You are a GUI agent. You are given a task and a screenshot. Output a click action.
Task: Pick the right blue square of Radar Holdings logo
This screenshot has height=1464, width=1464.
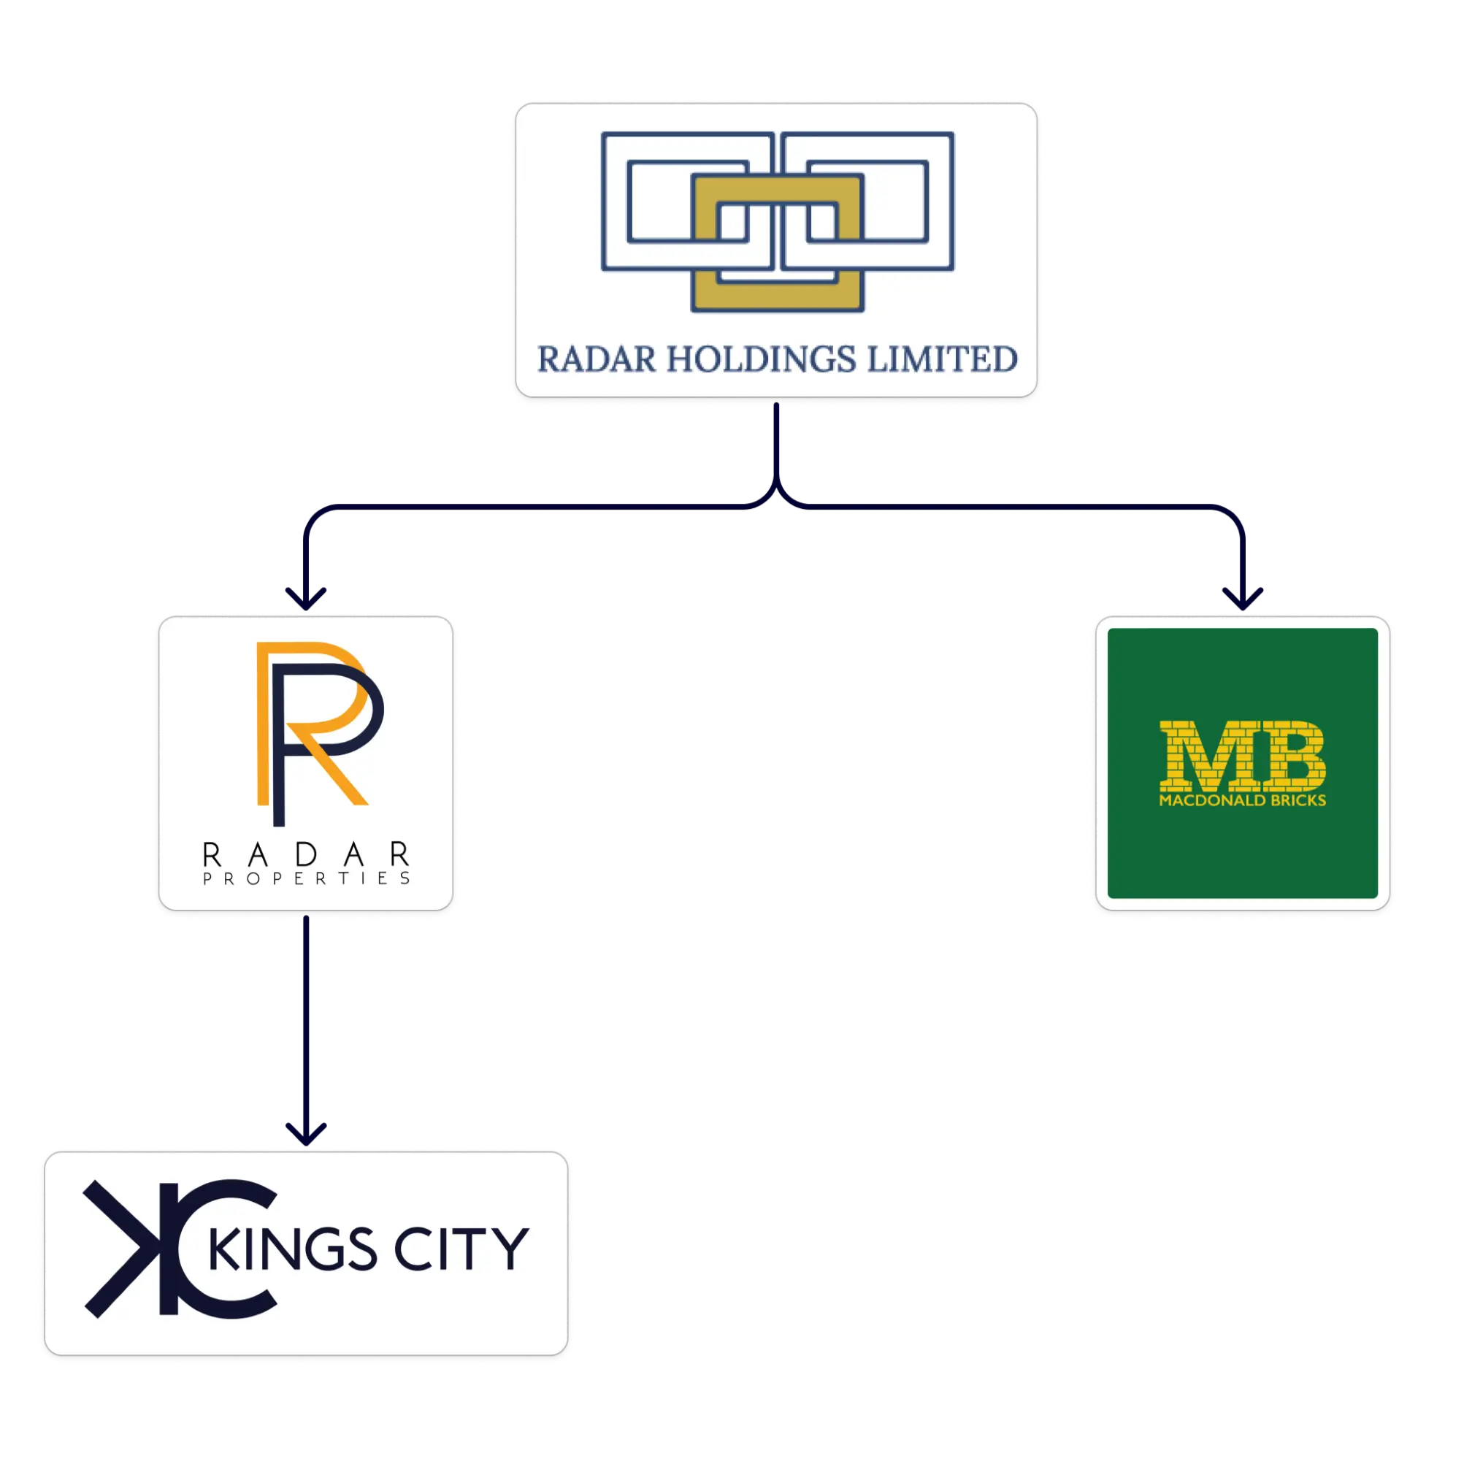[x=941, y=202]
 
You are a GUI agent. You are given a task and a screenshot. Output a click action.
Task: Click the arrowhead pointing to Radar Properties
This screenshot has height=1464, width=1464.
[x=305, y=599]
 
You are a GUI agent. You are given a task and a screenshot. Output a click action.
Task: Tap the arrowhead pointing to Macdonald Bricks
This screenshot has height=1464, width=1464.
[x=1243, y=599]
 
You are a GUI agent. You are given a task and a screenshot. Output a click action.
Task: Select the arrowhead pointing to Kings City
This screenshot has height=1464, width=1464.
[x=305, y=1135]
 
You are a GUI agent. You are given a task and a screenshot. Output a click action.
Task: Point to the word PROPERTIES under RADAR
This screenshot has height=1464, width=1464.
[x=306, y=878]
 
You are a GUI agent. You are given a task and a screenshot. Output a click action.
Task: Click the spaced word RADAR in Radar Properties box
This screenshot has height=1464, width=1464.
[x=306, y=855]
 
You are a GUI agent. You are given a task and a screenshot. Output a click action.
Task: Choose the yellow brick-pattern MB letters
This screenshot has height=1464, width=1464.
[x=1242, y=755]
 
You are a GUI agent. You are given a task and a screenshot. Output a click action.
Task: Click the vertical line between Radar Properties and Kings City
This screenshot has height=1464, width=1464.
[x=305, y=1023]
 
